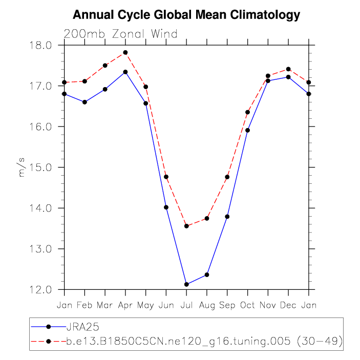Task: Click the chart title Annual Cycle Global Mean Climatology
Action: click(x=186, y=15)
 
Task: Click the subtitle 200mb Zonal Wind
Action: click(x=120, y=34)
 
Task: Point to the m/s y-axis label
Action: click(x=22, y=167)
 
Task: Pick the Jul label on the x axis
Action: click(x=186, y=306)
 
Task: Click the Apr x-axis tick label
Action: click(x=125, y=306)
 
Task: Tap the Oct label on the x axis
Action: click(x=248, y=306)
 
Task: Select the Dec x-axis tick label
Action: click(x=288, y=306)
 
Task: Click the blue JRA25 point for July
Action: click(x=186, y=284)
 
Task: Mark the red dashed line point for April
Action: click(x=125, y=53)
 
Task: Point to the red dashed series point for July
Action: click(x=186, y=226)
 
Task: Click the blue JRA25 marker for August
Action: click(x=207, y=274)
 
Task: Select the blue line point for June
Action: click(x=166, y=207)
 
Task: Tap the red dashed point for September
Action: click(x=227, y=177)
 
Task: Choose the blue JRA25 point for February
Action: click(x=84, y=102)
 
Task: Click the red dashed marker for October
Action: click(x=248, y=112)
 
